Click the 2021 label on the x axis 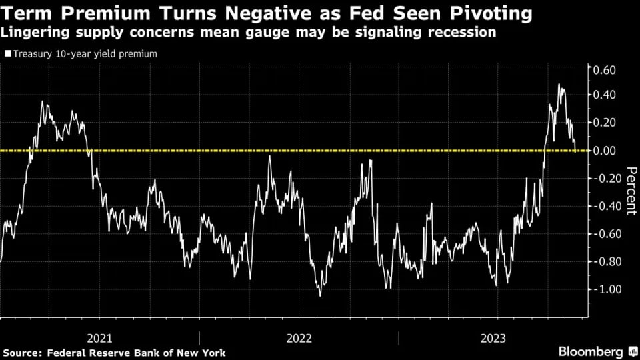99,338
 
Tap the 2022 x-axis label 299,338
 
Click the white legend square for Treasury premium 7,54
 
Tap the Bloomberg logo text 590,351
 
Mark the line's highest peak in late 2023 559,85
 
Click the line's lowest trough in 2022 321,295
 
